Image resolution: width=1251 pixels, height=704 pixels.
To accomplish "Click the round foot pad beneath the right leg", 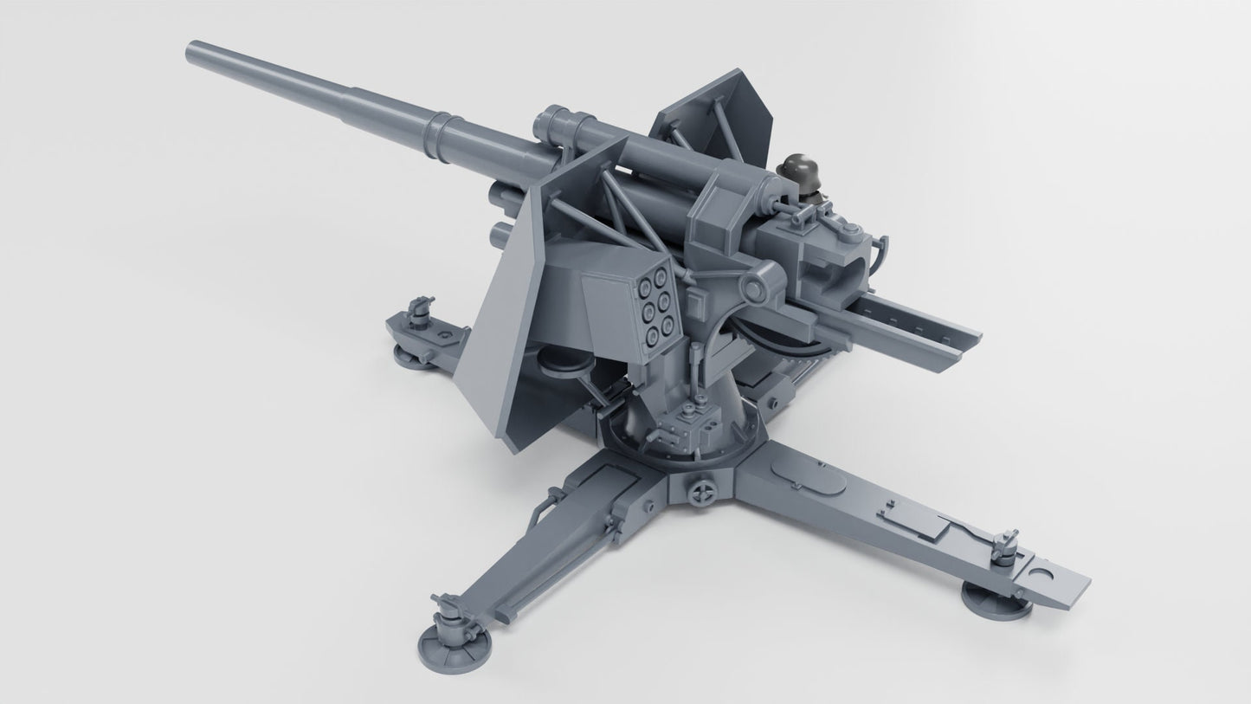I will point(996,598).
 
